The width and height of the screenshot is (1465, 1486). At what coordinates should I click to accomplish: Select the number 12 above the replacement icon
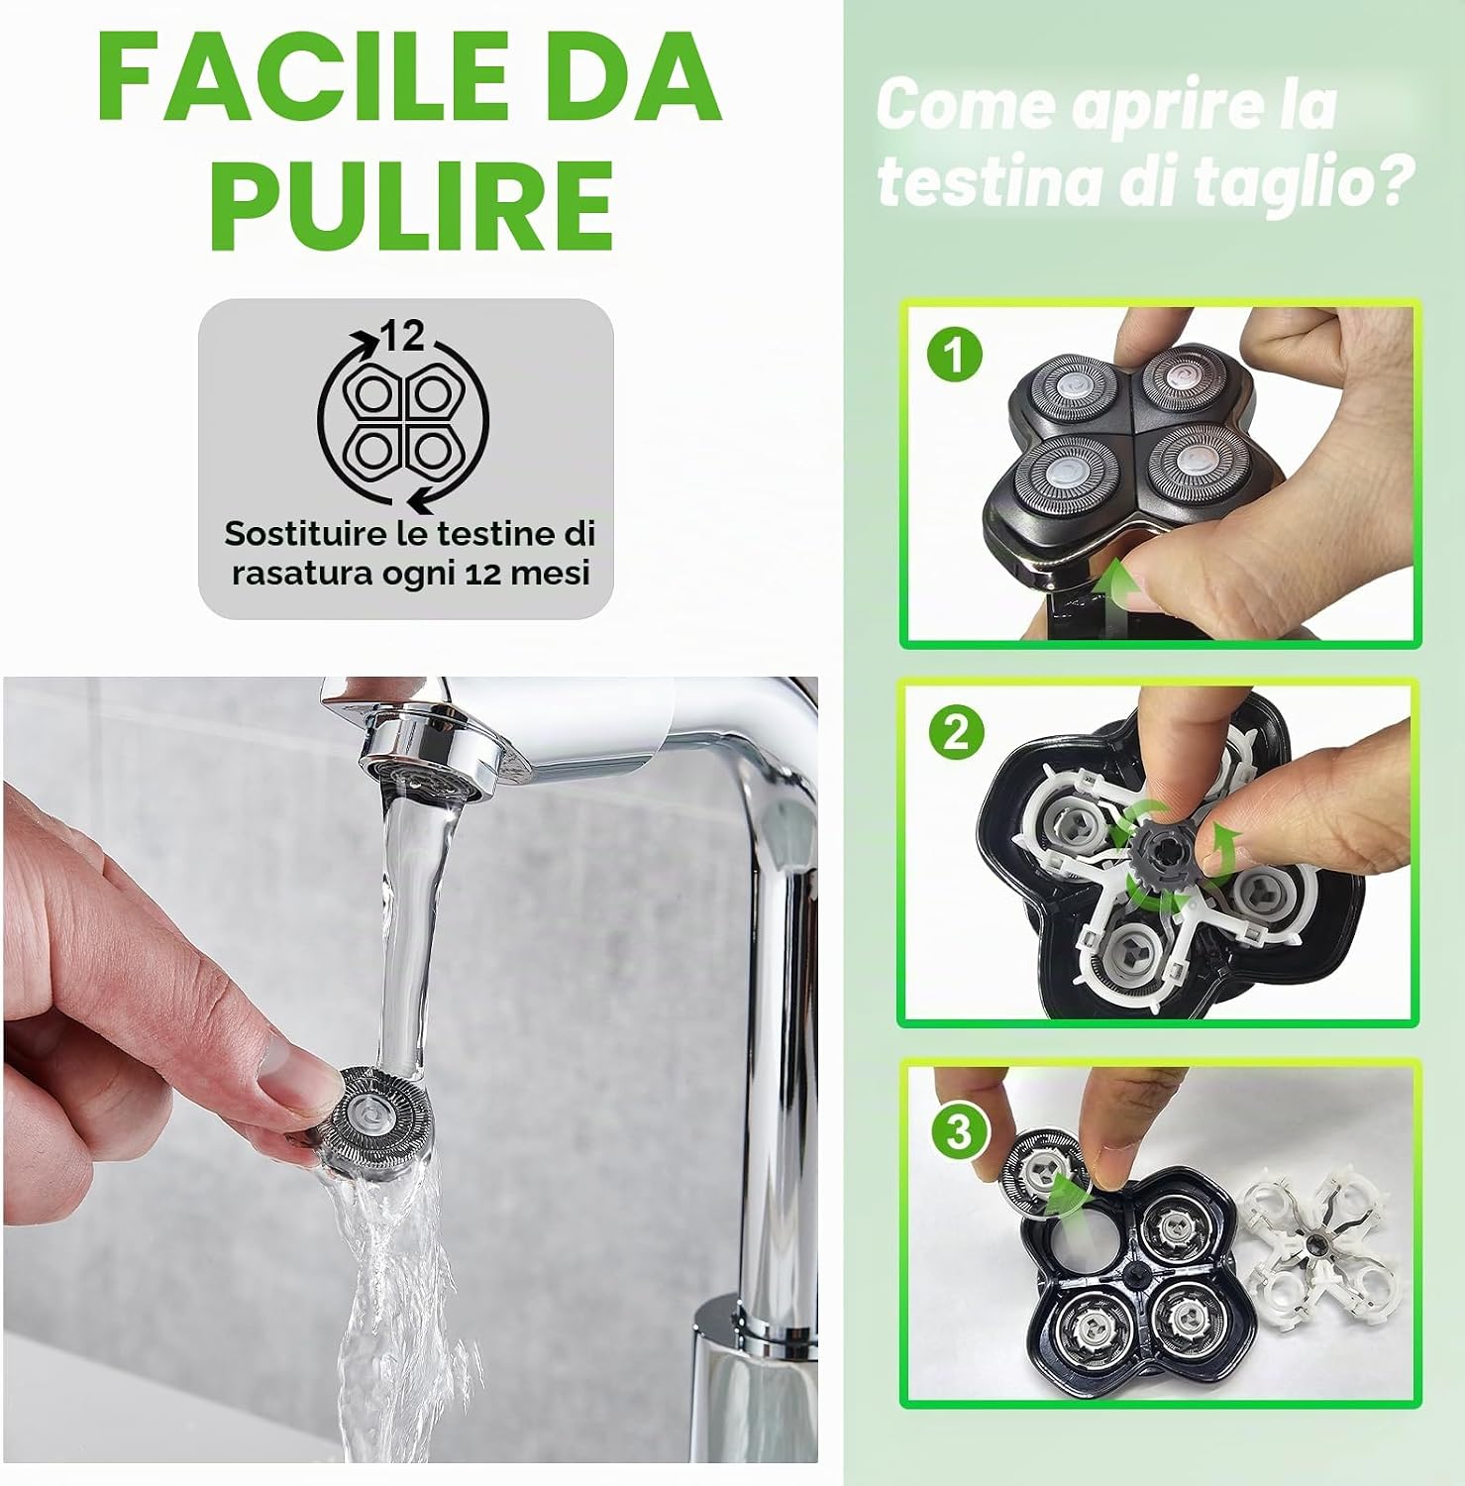pos(403,336)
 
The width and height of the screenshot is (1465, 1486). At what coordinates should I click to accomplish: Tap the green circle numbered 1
pos(955,355)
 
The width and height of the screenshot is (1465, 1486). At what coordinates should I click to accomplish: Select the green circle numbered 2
pos(956,733)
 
